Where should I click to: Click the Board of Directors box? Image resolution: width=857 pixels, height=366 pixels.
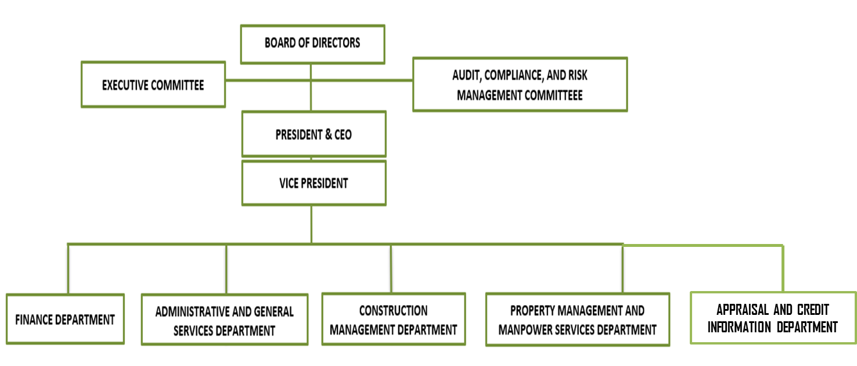point(312,44)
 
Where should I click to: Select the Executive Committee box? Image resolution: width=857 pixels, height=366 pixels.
point(153,84)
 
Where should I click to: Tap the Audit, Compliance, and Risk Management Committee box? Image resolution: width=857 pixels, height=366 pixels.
point(520,84)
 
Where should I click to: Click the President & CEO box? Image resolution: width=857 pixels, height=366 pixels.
point(314,134)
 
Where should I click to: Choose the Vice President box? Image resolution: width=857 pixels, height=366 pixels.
point(314,183)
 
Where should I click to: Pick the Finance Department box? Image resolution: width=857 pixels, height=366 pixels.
point(65,319)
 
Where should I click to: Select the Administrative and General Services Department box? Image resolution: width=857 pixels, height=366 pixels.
point(225,320)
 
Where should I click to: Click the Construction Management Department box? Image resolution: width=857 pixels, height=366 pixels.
point(394,320)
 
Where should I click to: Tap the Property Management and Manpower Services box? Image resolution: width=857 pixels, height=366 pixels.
point(578,320)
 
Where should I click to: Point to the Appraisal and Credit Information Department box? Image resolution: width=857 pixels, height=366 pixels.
point(773,318)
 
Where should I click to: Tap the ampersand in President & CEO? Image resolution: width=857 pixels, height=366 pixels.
point(328,134)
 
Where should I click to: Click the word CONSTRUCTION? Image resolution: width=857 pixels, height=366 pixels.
point(393,310)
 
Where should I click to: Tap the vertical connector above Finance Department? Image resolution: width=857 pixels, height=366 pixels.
point(68,269)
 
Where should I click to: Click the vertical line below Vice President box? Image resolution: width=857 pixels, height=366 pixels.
point(311,224)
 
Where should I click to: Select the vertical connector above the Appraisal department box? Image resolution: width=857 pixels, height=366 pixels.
point(783,269)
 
